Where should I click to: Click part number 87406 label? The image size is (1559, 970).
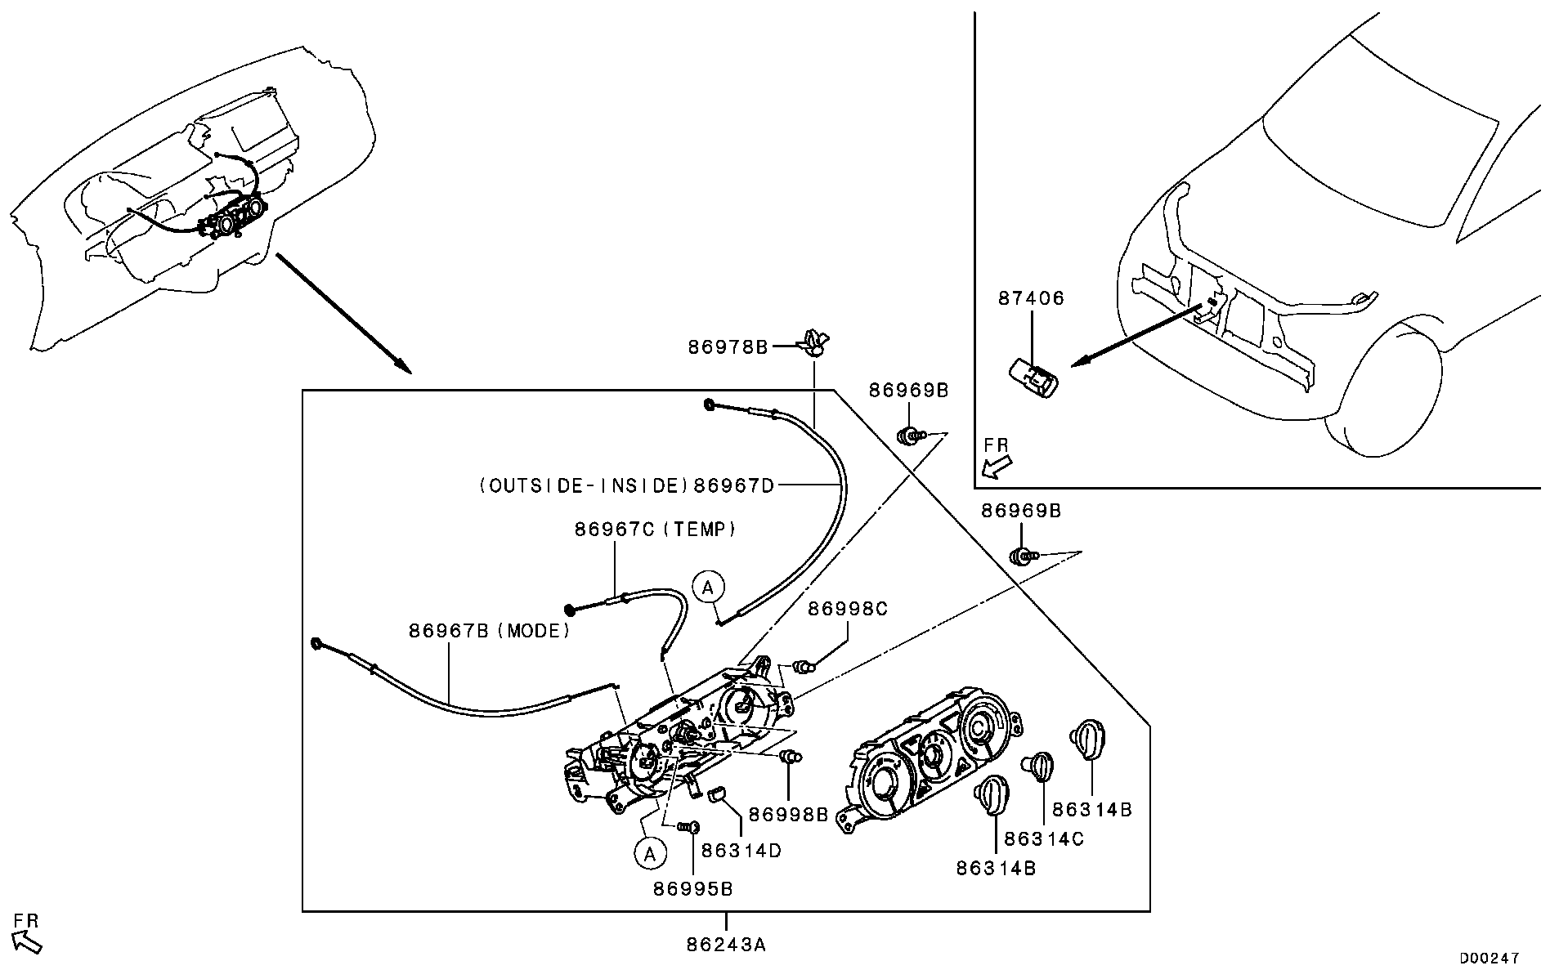tap(1031, 298)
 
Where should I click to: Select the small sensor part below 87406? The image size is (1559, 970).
tap(1033, 378)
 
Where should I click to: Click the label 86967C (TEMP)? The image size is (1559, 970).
tap(655, 530)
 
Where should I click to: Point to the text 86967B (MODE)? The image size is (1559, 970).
tap(489, 631)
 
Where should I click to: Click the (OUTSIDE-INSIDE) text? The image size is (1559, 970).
tap(584, 486)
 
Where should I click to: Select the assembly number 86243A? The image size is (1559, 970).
tap(726, 945)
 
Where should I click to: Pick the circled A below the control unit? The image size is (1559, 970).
tap(650, 854)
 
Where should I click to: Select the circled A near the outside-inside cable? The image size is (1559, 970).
tap(709, 586)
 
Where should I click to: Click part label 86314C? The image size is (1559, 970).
tap(1043, 838)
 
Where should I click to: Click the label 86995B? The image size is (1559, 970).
tap(692, 889)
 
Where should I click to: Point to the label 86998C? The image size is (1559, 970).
tap(847, 609)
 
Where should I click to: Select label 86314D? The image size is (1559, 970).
tap(741, 851)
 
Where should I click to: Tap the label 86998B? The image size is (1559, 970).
tap(789, 814)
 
